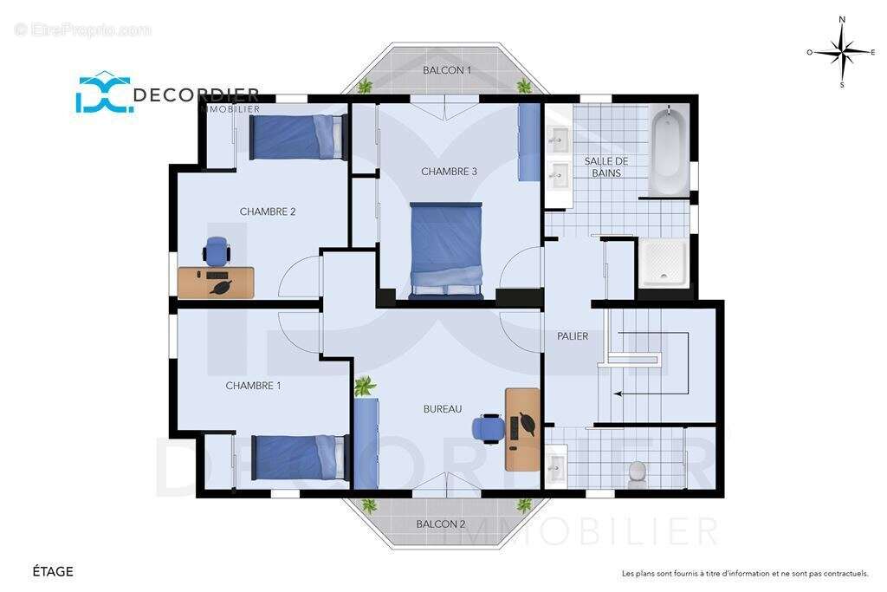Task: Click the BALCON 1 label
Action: tap(447, 70)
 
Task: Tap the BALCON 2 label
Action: tap(441, 524)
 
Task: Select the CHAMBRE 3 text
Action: tap(450, 172)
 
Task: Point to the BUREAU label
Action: tap(443, 408)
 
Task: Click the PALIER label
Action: tap(573, 336)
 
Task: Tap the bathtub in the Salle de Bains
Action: tap(670, 149)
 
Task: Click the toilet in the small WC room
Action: tap(637, 475)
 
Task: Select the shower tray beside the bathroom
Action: tap(663, 262)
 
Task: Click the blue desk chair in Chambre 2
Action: tap(217, 250)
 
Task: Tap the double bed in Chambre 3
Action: tap(446, 250)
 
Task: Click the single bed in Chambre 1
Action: tap(298, 458)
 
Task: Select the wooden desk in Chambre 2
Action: tap(216, 283)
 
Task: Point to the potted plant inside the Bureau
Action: tap(365, 387)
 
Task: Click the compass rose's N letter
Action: tap(842, 20)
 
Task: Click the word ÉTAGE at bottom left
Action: tap(53, 571)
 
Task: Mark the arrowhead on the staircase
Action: tap(618, 394)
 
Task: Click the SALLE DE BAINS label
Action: tap(606, 167)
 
